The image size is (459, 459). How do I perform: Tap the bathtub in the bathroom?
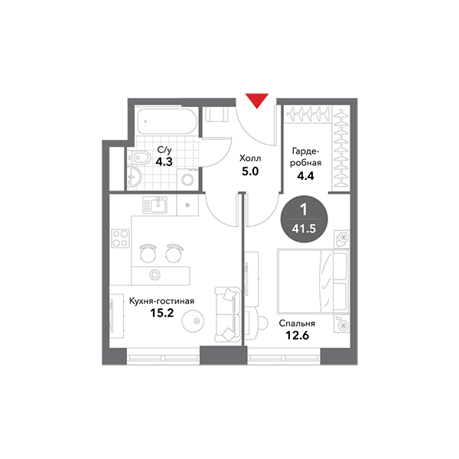[164, 122]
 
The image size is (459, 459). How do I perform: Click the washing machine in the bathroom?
[187, 181]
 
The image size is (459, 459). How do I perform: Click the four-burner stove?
[120, 238]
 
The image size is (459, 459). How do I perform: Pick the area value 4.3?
[164, 162]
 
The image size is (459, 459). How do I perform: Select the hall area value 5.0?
[250, 171]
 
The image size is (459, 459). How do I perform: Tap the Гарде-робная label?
[306, 157]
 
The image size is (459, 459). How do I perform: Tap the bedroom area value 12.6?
[297, 337]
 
